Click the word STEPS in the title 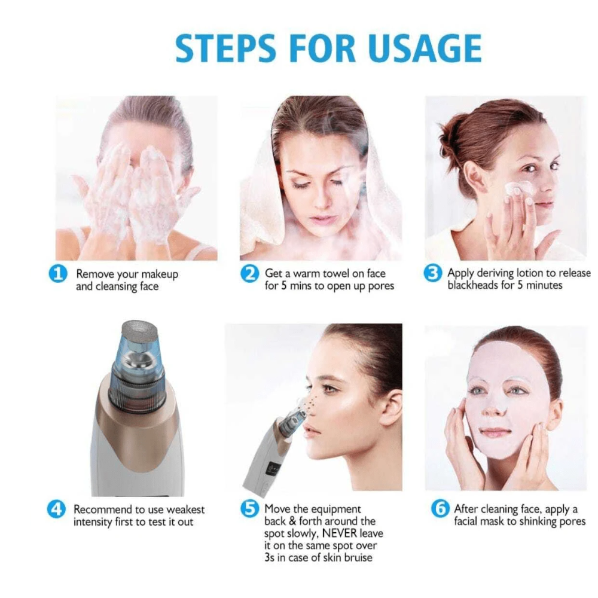(x=225, y=48)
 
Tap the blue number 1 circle (x=59, y=274)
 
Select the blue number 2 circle (x=250, y=273)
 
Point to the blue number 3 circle (x=433, y=273)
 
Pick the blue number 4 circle (x=56, y=509)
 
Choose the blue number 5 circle (x=250, y=509)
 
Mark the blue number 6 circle (x=440, y=509)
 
